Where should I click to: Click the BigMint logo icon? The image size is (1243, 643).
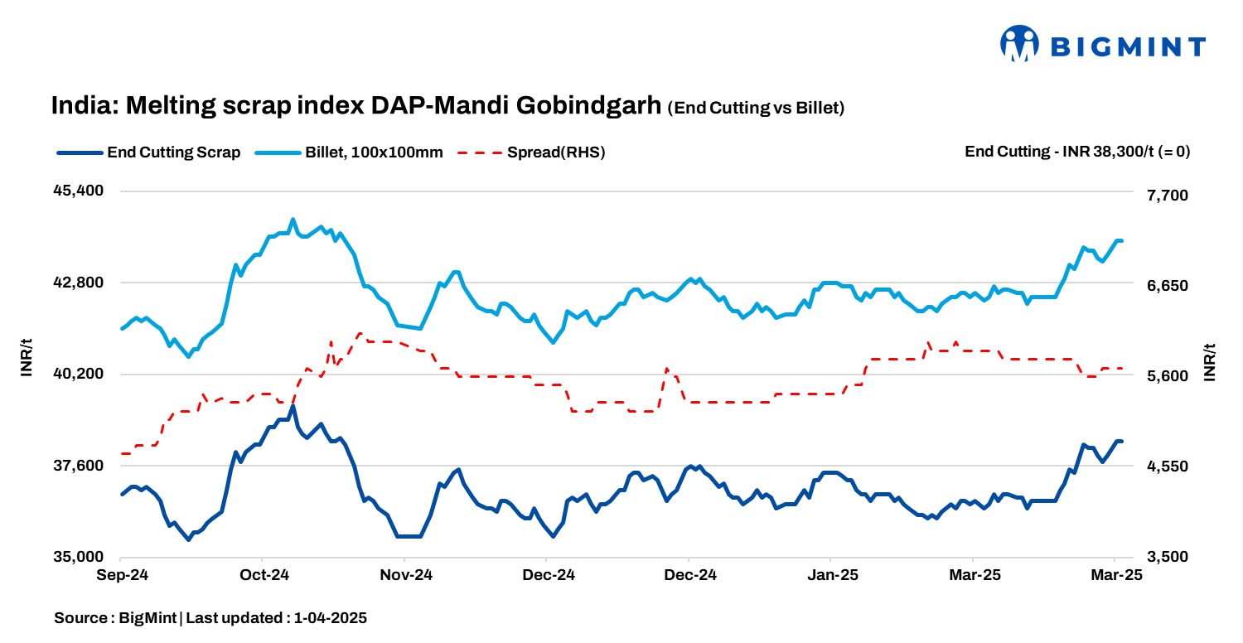(x=1019, y=44)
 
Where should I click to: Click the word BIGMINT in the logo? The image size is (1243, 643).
(x=1128, y=47)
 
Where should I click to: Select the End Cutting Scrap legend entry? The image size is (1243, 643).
(x=149, y=152)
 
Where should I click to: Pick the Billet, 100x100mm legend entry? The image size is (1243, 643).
(x=349, y=152)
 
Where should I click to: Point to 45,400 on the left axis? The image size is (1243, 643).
(x=80, y=191)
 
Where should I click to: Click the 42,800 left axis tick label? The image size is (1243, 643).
(x=80, y=283)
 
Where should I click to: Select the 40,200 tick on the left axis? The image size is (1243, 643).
(x=80, y=375)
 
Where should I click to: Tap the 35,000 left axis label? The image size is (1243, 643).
(x=80, y=558)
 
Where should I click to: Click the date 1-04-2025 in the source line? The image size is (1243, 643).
(x=331, y=618)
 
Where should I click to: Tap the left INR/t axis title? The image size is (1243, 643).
(x=27, y=362)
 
